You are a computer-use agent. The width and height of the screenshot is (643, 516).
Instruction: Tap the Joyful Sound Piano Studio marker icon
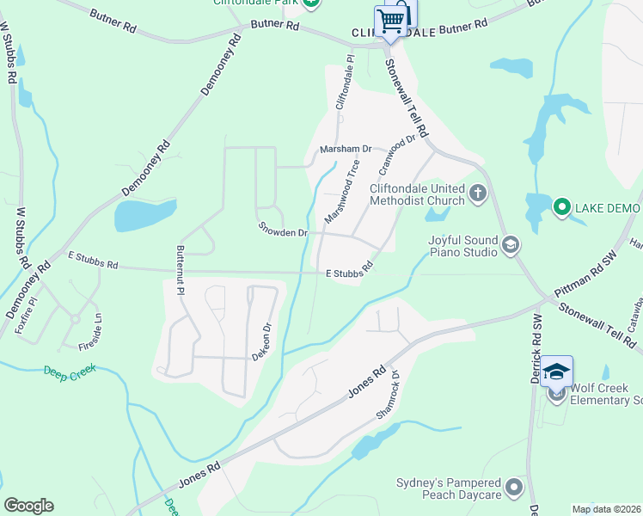pyautogui.click(x=511, y=246)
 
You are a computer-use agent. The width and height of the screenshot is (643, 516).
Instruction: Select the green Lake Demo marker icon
pyautogui.click(x=561, y=207)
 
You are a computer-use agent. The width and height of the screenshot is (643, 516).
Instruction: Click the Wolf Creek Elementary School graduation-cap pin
pyautogui.click(x=556, y=373)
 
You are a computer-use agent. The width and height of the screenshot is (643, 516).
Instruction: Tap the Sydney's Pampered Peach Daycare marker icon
pyautogui.click(x=514, y=488)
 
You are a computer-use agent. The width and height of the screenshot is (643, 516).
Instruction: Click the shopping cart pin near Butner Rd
pyautogui.click(x=391, y=20)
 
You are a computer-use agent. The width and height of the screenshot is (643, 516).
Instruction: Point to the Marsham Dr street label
pyautogui.click(x=345, y=149)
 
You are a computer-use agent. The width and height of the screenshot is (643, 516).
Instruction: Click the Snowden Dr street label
pyautogui.click(x=283, y=231)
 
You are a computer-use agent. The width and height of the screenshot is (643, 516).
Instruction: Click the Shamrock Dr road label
pyautogui.click(x=389, y=396)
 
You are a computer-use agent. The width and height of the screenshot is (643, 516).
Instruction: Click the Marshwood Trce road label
pyautogui.click(x=341, y=197)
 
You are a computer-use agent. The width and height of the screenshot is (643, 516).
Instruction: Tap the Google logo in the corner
pyautogui.click(x=28, y=506)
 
